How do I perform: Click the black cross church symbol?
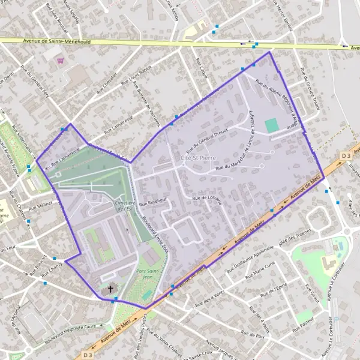coord(110,290)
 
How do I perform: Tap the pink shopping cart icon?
coord(60,61)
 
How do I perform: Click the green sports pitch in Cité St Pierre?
coord(272,125)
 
